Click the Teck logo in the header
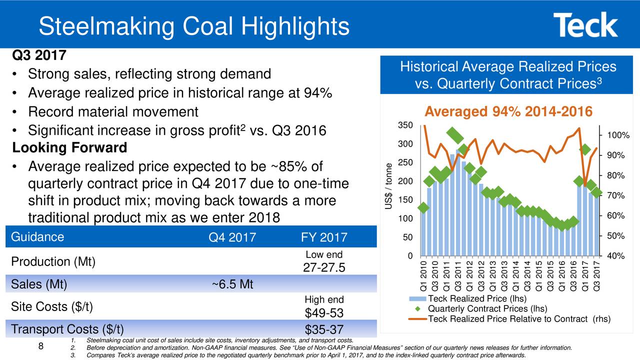[585, 25]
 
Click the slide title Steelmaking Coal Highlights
[194, 26]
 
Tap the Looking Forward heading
[69, 148]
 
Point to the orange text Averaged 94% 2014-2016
[508, 111]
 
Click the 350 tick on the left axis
[405, 125]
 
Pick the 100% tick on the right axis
[618, 135]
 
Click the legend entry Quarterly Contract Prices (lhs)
[487, 308]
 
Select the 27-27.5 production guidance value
[324, 268]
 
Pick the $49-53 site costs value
[324, 313]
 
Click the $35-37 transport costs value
[324, 329]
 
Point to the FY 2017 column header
[324, 237]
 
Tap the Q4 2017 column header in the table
[232, 237]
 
